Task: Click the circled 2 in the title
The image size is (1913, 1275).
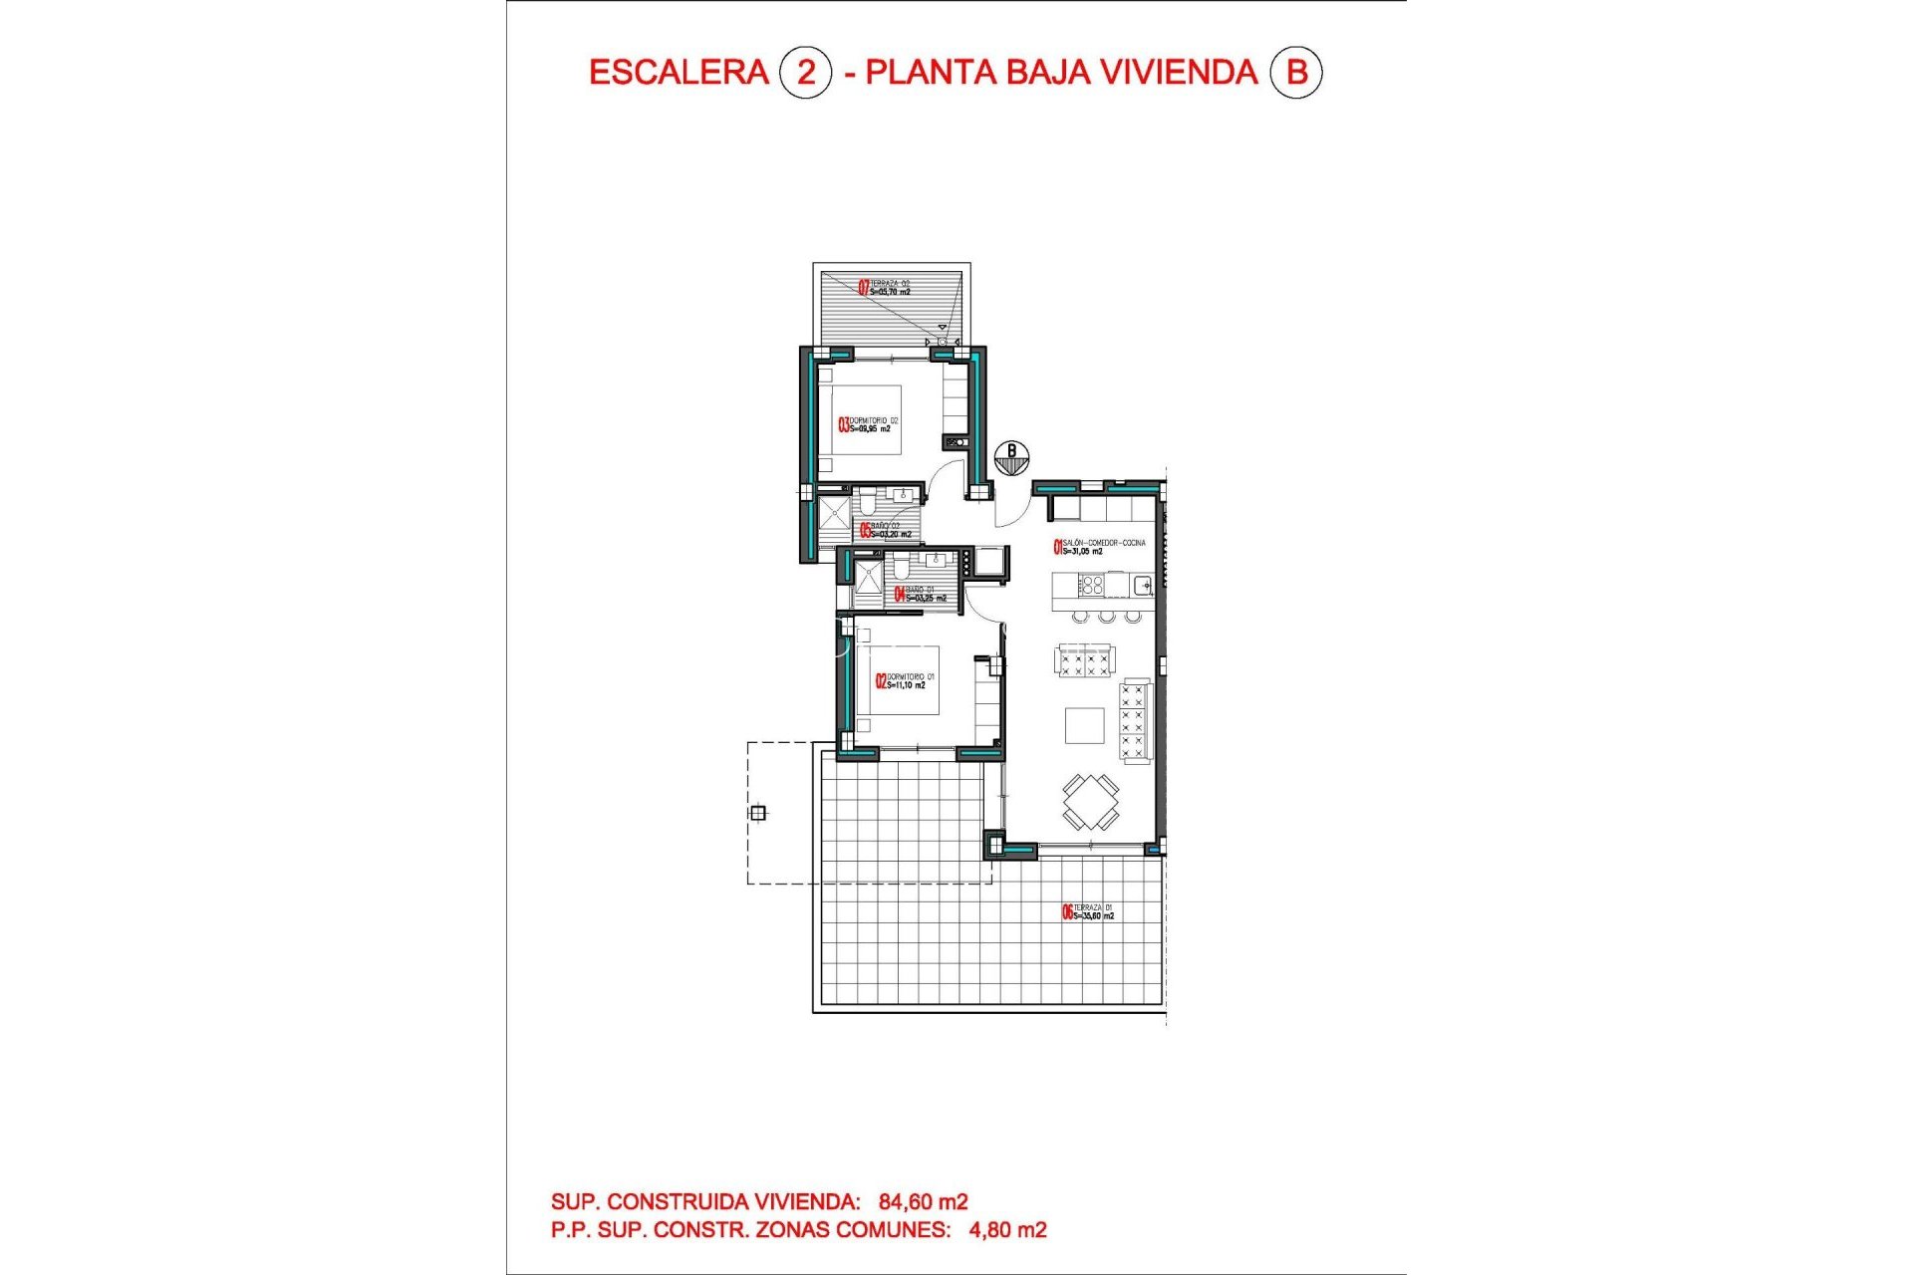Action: (805, 72)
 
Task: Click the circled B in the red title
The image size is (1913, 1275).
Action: (1296, 72)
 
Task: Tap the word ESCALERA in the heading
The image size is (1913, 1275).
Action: (679, 72)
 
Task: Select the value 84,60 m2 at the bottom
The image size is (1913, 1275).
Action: (923, 1202)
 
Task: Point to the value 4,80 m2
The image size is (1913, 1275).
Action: (1007, 1230)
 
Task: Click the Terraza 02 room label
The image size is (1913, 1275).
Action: (885, 288)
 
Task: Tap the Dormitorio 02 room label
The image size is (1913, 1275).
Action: (869, 425)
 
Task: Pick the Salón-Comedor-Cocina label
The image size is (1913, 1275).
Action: (1099, 547)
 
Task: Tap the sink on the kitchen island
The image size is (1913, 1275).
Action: (1143, 585)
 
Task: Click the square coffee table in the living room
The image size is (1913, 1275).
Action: (1084, 725)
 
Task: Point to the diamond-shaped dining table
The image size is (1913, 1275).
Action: (1090, 802)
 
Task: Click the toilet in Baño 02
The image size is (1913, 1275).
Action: (866, 504)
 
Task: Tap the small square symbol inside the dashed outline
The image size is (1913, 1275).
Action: (758, 813)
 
